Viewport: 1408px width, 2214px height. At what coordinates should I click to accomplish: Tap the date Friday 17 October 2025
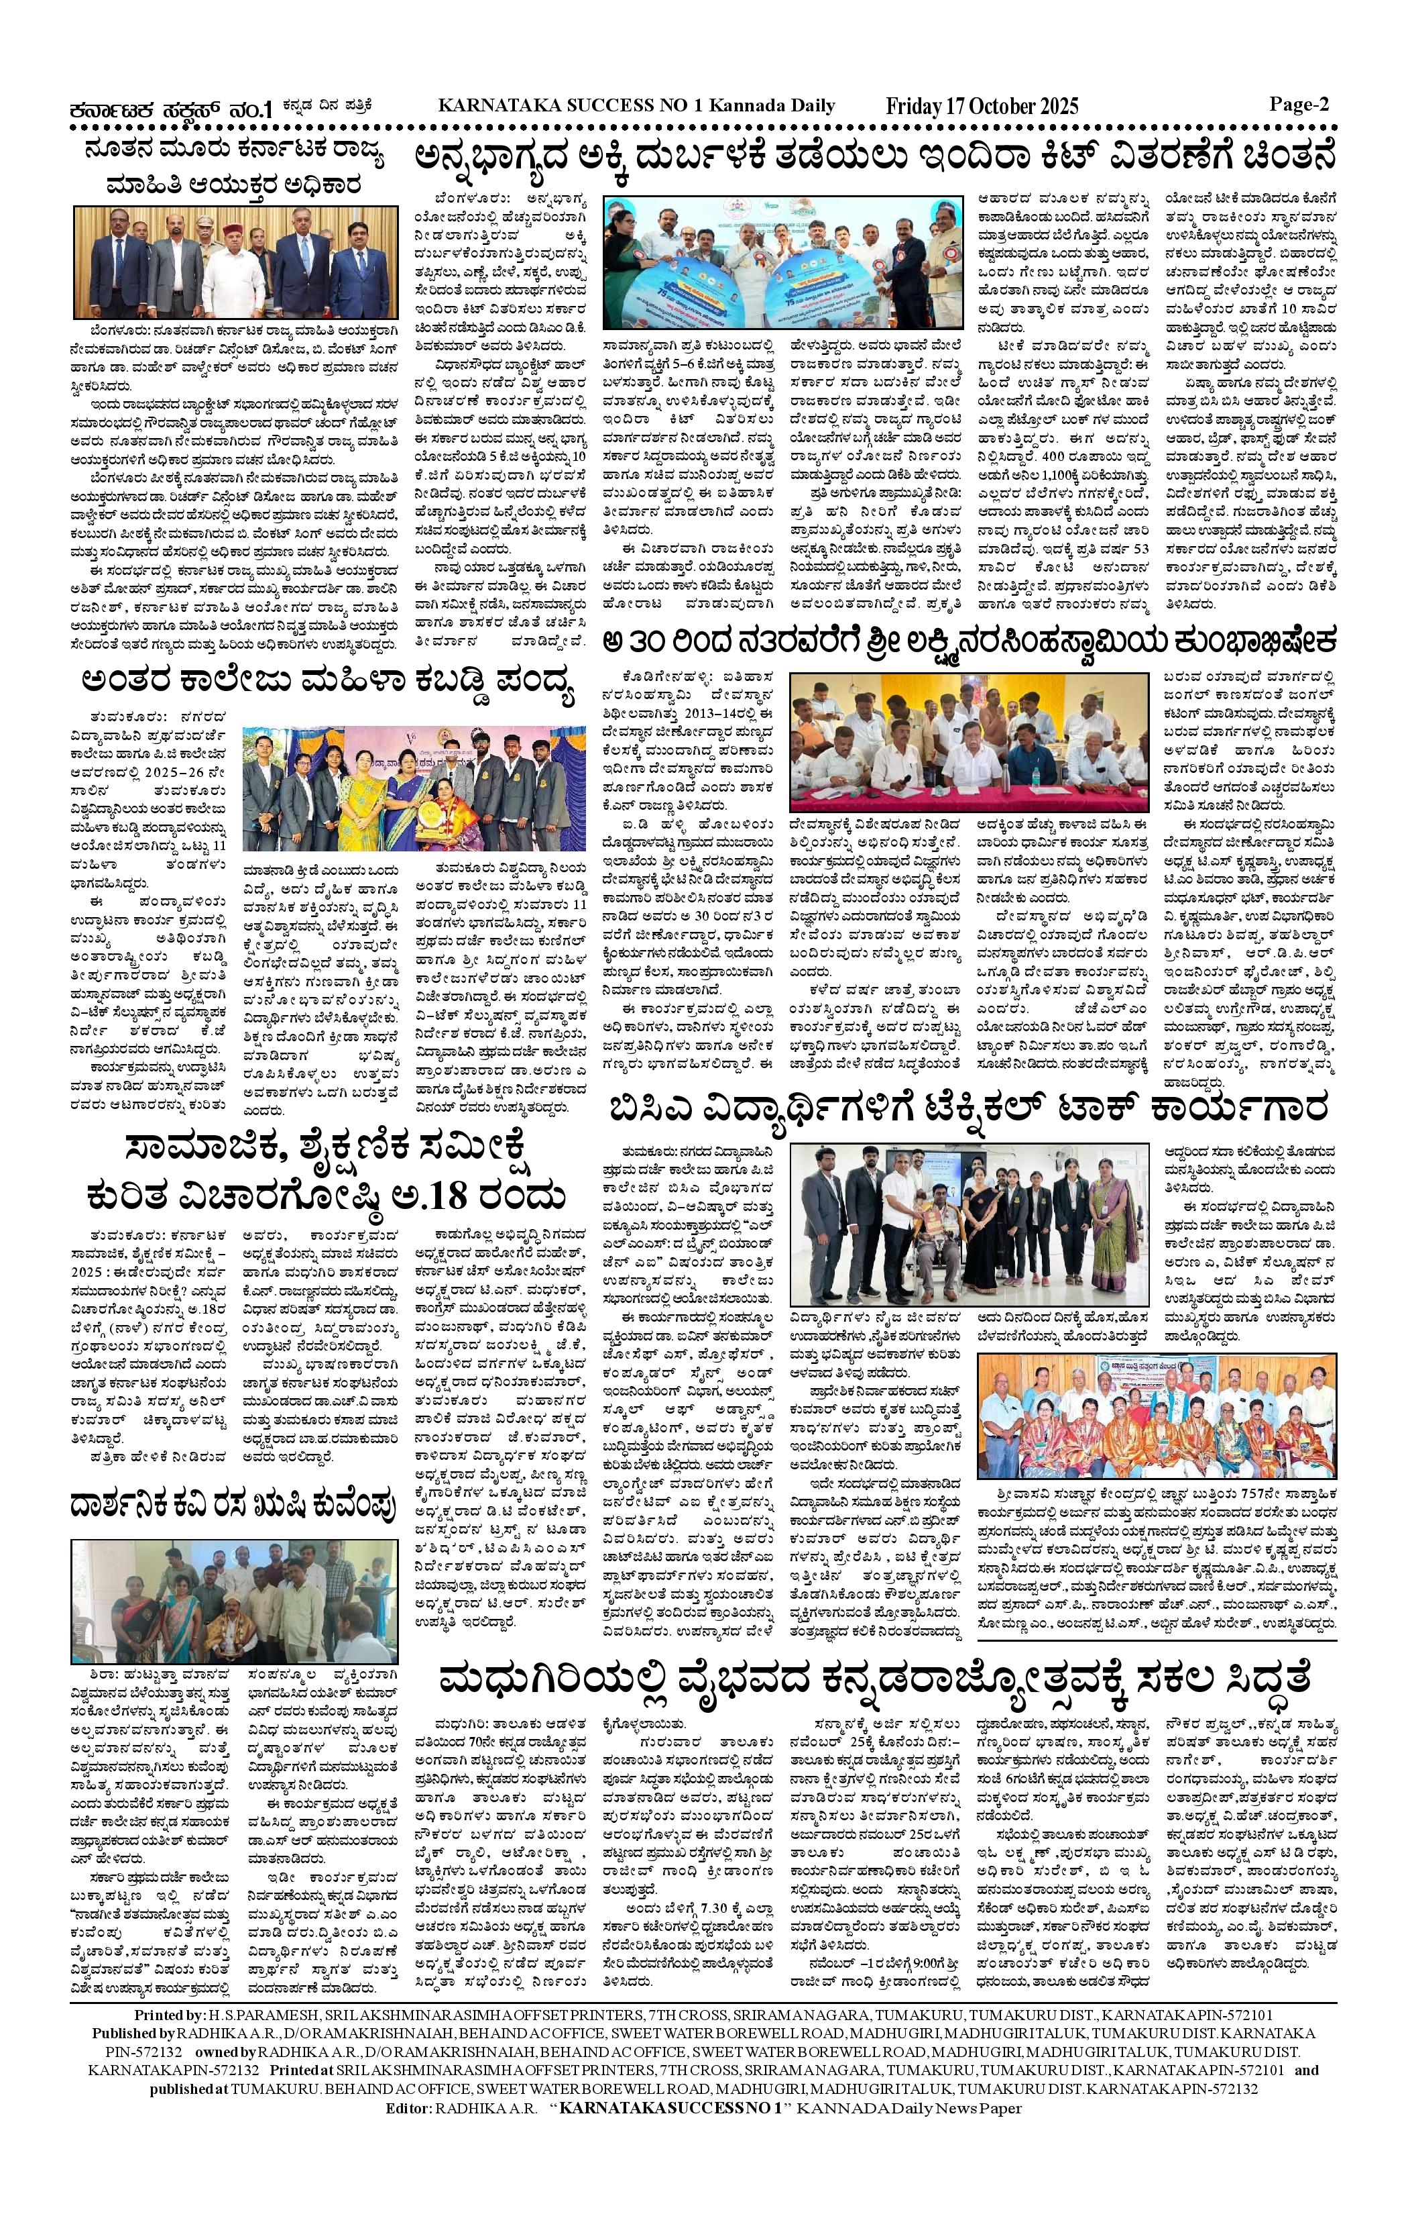[x=982, y=107]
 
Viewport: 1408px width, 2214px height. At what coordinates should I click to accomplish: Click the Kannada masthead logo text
[x=174, y=109]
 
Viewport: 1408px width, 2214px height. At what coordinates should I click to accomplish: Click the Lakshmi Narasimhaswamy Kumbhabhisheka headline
[x=969, y=640]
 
